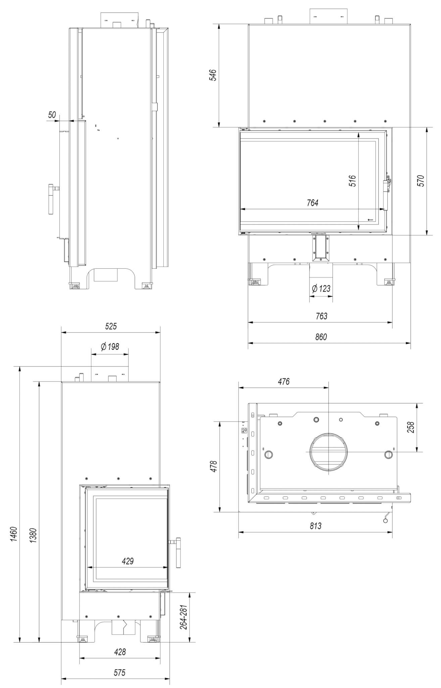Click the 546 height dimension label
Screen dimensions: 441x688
[x=213, y=75]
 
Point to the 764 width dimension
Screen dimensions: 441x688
[x=312, y=203]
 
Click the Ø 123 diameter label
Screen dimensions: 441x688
[x=321, y=288]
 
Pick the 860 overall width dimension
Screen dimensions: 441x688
[x=321, y=337]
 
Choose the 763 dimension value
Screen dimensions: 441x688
[x=321, y=316]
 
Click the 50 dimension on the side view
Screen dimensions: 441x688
[x=52, y=115]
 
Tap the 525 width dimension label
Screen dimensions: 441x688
[x=111, y=326]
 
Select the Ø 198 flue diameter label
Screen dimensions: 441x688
[x=110, y=346]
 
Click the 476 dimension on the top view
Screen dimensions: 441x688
[x=284, y=381]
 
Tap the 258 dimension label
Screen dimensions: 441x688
[x=411, y=427]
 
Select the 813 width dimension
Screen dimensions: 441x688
[x=315, y=526]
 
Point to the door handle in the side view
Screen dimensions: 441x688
[x=52, y=199]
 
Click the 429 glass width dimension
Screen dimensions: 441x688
[x=128, y=561]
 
